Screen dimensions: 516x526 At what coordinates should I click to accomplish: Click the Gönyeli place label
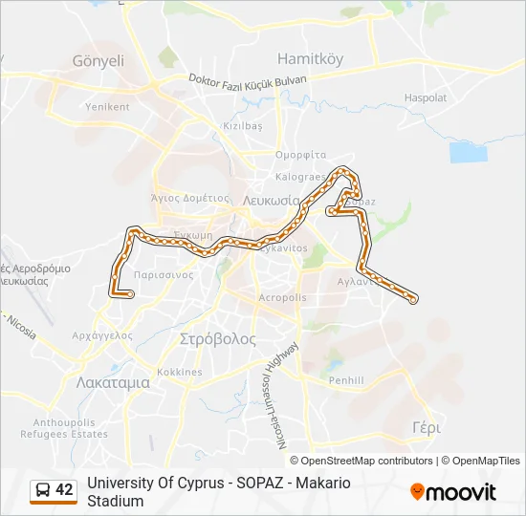click(x=99, y=60)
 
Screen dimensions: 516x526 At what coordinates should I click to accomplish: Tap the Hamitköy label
click(x=310, y=58)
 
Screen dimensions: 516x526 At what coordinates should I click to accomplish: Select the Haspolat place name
click(x=426, y=97)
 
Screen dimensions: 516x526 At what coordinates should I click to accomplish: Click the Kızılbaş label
click(x=242, y=126)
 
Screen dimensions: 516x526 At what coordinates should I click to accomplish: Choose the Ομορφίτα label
click(x=301, y=155)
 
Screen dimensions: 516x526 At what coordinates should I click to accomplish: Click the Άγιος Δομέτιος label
click(x=190, y=198)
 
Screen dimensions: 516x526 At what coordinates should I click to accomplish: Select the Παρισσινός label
click(x=164, y=274)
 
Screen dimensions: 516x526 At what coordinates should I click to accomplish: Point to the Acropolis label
click(x=283, y=298)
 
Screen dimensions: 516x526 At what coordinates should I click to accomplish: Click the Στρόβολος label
click(x=218, y=339)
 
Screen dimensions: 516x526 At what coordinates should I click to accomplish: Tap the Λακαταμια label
click(x=113, y=381)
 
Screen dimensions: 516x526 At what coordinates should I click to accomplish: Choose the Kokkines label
click(x=180, y=372)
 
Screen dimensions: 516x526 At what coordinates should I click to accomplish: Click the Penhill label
click(x=346, y=380)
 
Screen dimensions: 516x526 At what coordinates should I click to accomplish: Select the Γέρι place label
click(x=426, y=427)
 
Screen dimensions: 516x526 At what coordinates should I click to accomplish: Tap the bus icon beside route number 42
click(x=42, y=490)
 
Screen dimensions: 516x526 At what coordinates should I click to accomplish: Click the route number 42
click(x=64, y=490)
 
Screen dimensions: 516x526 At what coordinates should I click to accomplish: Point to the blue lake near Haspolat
click(x=468, y=152)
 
